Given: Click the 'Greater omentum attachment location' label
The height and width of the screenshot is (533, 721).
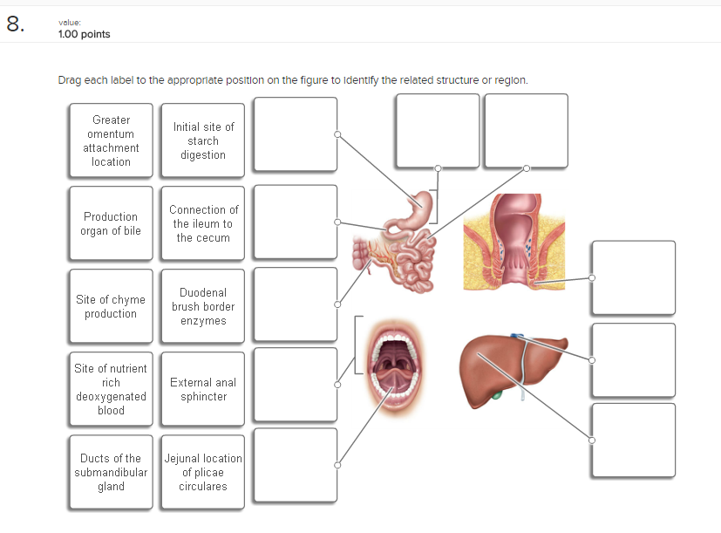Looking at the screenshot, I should coord(111,140).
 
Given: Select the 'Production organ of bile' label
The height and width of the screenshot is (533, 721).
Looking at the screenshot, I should coord(111,223).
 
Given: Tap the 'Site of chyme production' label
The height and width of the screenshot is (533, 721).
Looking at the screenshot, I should coord(111,306).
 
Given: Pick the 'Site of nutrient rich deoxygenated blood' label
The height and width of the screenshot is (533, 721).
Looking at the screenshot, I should coord(111,389).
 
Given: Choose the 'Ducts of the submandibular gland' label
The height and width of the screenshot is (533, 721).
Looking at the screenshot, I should coord(111,472).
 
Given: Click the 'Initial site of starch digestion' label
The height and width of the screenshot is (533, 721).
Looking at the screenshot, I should coord(203,140).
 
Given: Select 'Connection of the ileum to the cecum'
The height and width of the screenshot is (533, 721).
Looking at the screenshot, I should coord(203,223).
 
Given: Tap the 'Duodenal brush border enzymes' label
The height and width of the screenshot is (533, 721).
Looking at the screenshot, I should coord(203,306).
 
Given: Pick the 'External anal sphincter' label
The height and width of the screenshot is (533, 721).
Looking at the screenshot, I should coord(203,389).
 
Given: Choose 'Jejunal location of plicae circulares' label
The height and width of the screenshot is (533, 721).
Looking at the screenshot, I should coord(203,472).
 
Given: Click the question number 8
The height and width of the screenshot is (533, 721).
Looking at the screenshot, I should coord(15,24).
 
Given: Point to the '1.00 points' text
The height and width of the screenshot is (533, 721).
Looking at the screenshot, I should coord(84,34).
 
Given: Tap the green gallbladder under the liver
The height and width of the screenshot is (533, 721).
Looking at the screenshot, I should coord(497,396).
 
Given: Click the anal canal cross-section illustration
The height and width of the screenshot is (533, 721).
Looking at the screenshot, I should coord(514,241).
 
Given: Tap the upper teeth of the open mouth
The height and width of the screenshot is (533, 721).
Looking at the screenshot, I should coord(398,338).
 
